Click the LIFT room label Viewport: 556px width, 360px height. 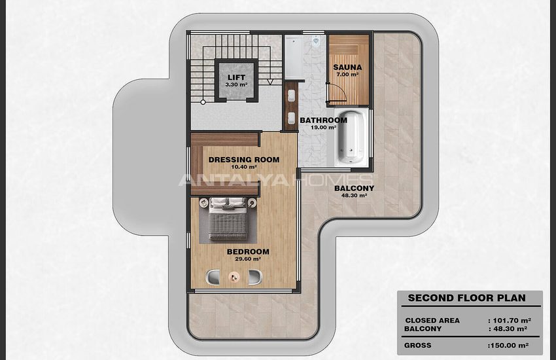[236, 77]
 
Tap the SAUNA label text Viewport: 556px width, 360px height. [347, 67]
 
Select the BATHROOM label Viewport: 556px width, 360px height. [323, 120]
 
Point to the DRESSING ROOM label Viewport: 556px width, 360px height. [244, 160]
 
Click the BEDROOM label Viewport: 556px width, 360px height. [248, 251]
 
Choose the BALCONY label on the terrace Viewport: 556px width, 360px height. [355, 189]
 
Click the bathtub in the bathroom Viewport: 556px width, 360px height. [351, 137]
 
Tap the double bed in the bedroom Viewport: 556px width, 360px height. [227, 219]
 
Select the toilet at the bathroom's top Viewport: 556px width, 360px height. [315, 41]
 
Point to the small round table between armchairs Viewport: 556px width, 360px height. [233, 277]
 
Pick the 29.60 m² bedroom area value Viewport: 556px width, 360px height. [248, 259]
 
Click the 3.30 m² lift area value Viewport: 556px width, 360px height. [236, 85]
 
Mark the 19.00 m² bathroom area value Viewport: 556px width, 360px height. [323, 128]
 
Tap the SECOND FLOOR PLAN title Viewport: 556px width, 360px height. [466, 298]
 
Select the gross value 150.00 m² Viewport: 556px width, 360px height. [508, 345]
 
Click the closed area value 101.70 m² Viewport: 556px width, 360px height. [510, 321]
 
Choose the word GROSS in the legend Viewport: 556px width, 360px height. [418, 345]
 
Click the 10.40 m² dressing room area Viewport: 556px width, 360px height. [244, 167]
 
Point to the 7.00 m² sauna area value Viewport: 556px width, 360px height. [347, 75]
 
